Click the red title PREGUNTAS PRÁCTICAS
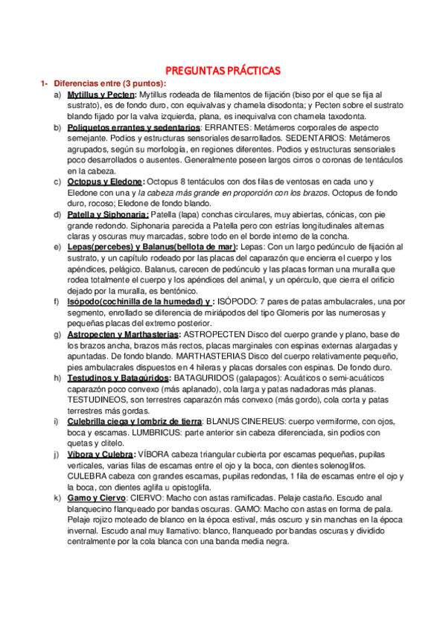pos(223,71)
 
